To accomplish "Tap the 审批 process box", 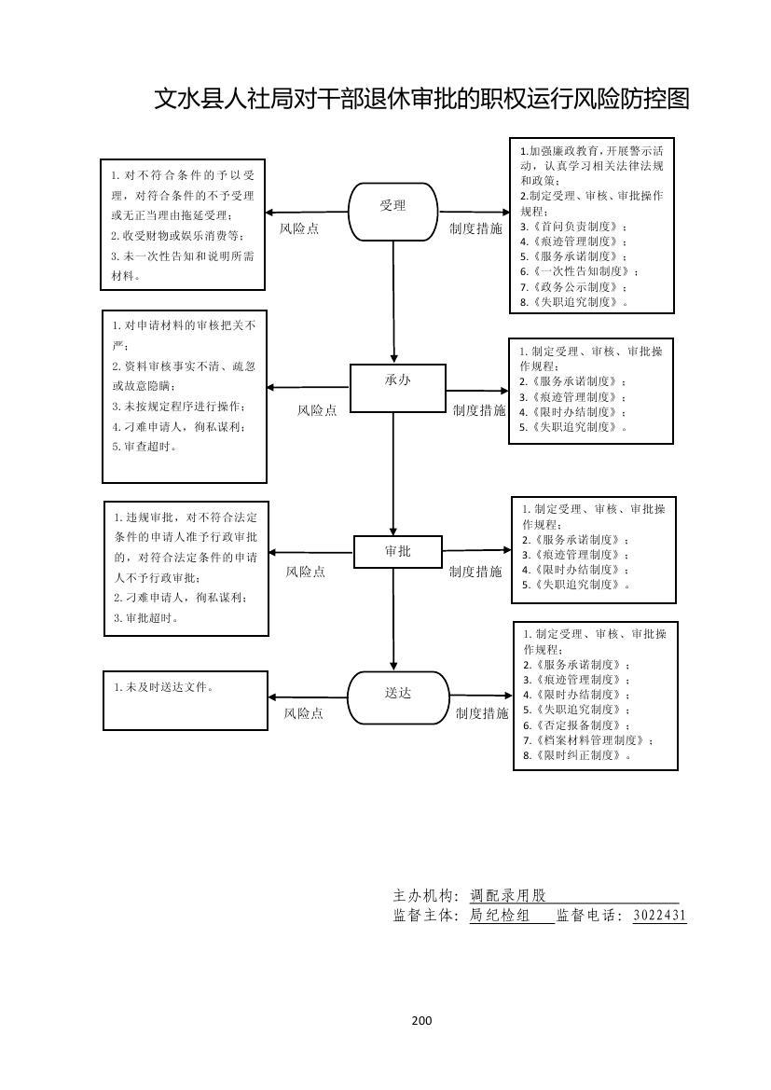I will pos(397,551).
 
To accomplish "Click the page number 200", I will pos(421,1020).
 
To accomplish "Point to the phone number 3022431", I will pos(659,916).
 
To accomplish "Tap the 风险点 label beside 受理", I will pos(299,228).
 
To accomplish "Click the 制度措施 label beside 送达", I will pos(482,713).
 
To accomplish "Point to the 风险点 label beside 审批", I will pos(306,572).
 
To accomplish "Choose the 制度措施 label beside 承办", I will pos(479,410).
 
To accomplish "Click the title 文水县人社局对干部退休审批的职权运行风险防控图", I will pos(421,99).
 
